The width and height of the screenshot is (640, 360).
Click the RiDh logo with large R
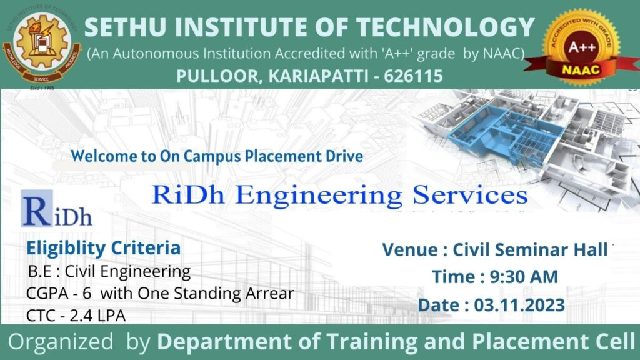click(x=57, y=210)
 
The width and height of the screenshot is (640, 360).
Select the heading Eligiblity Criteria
click(x=103, y=248)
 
